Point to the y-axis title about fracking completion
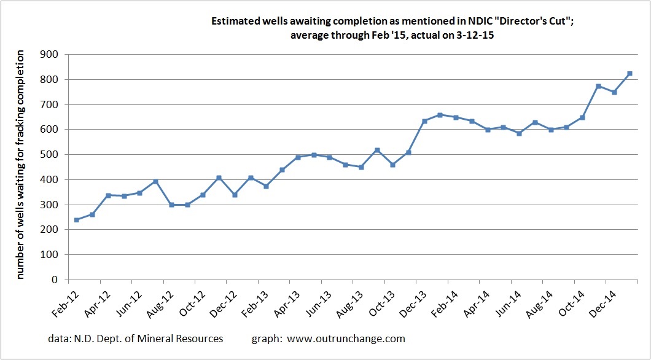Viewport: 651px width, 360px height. [21, 166]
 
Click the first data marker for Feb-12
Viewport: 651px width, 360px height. [77, 220]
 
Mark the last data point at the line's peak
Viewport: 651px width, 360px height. [630, 74]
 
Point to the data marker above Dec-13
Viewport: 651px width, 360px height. [424, 121]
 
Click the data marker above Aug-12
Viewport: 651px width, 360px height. [172, 205]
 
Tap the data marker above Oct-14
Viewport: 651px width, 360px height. [582, 117]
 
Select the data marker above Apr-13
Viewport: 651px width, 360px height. [298, 157]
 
